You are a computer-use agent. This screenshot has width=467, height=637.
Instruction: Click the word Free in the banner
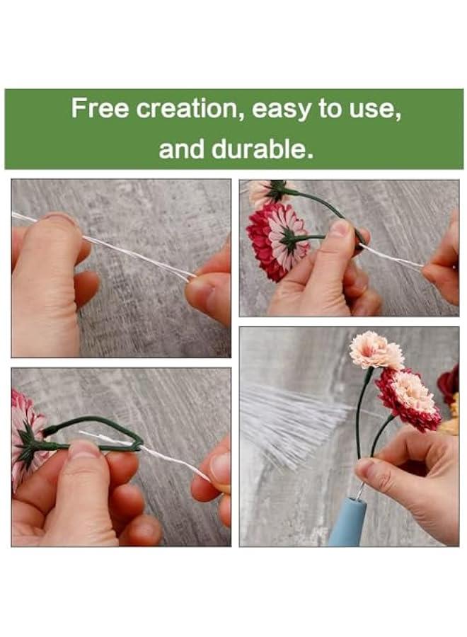100,109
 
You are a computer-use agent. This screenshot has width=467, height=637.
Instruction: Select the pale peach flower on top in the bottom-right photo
376,350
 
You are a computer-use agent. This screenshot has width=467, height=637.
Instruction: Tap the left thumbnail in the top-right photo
340,229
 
